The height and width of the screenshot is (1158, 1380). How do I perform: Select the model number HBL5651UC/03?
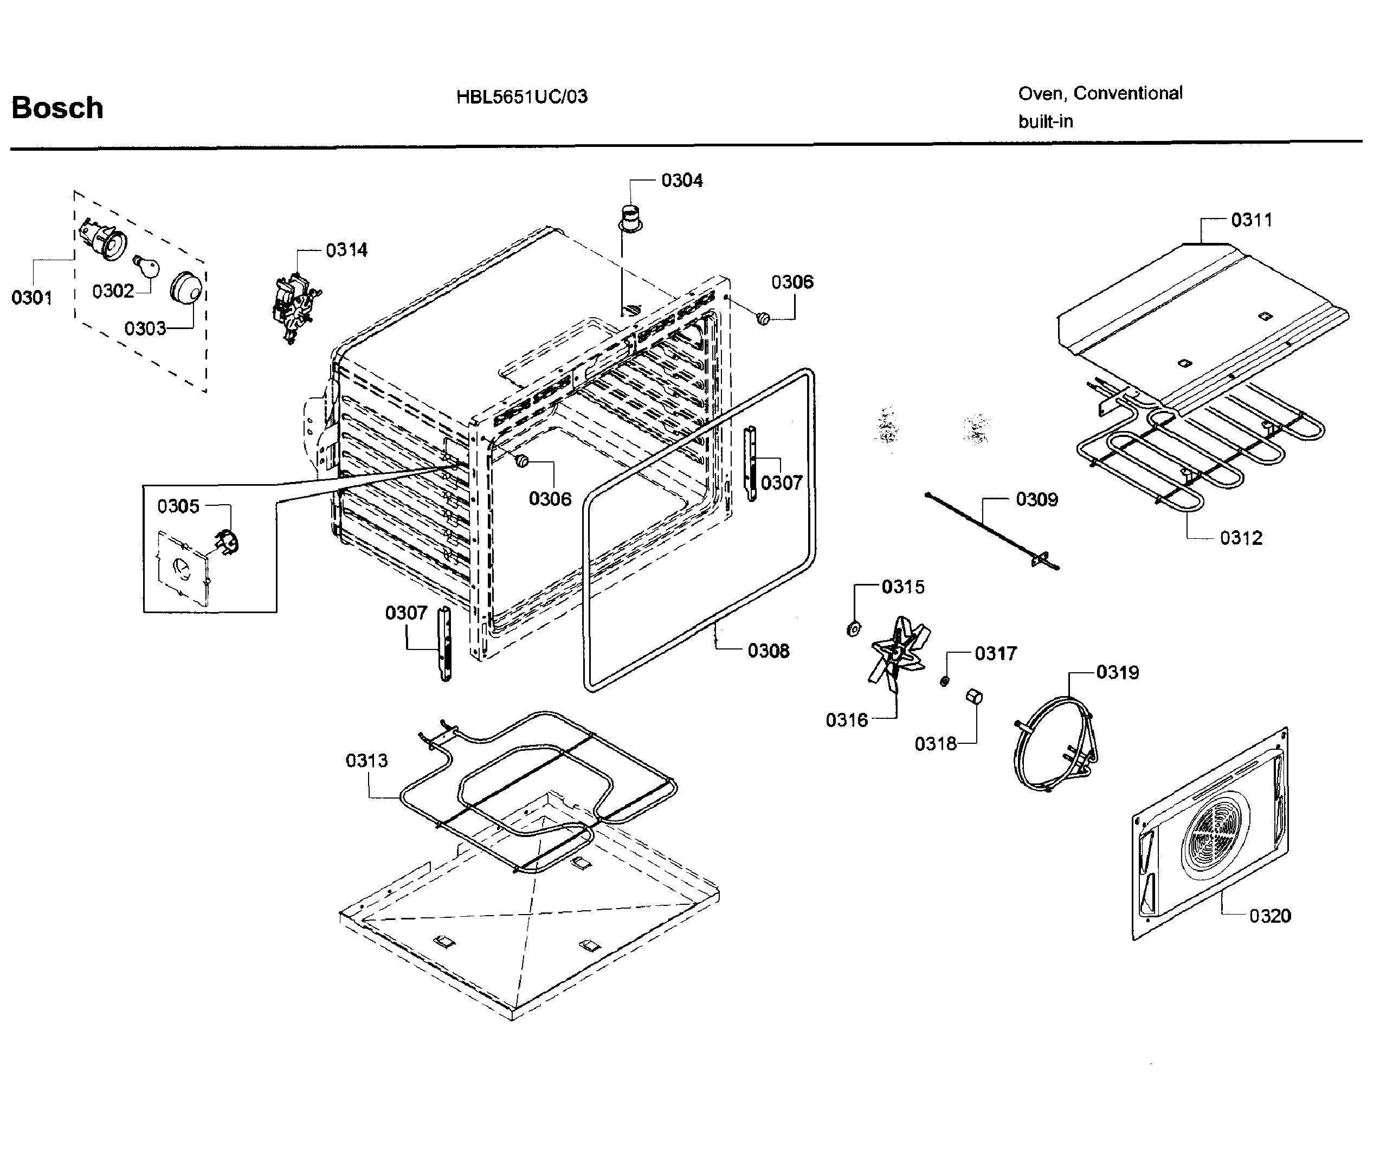[x=522, y=97]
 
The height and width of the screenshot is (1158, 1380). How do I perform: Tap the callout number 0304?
[x=681, y=181]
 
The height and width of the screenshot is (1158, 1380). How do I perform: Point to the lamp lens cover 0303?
[x=185, y=288]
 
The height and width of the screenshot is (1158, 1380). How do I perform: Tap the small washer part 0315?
[x=853, y=629]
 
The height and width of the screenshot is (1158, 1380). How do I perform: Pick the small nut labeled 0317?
[x=944, y=680]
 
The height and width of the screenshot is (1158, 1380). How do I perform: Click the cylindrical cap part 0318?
[x=974, y=696]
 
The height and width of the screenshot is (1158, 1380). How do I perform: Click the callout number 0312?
[x=1241, y=538]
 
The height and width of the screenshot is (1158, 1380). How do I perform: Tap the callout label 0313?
[x=367, y=761]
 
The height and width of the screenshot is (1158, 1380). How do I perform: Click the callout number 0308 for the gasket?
[x=768, y=651]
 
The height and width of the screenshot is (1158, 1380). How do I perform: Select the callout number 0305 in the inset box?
[x=178, y=507]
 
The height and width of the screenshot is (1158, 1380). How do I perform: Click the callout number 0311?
[x=1251, y=220]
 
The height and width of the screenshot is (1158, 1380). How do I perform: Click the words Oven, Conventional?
[x=1100, y=94]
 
